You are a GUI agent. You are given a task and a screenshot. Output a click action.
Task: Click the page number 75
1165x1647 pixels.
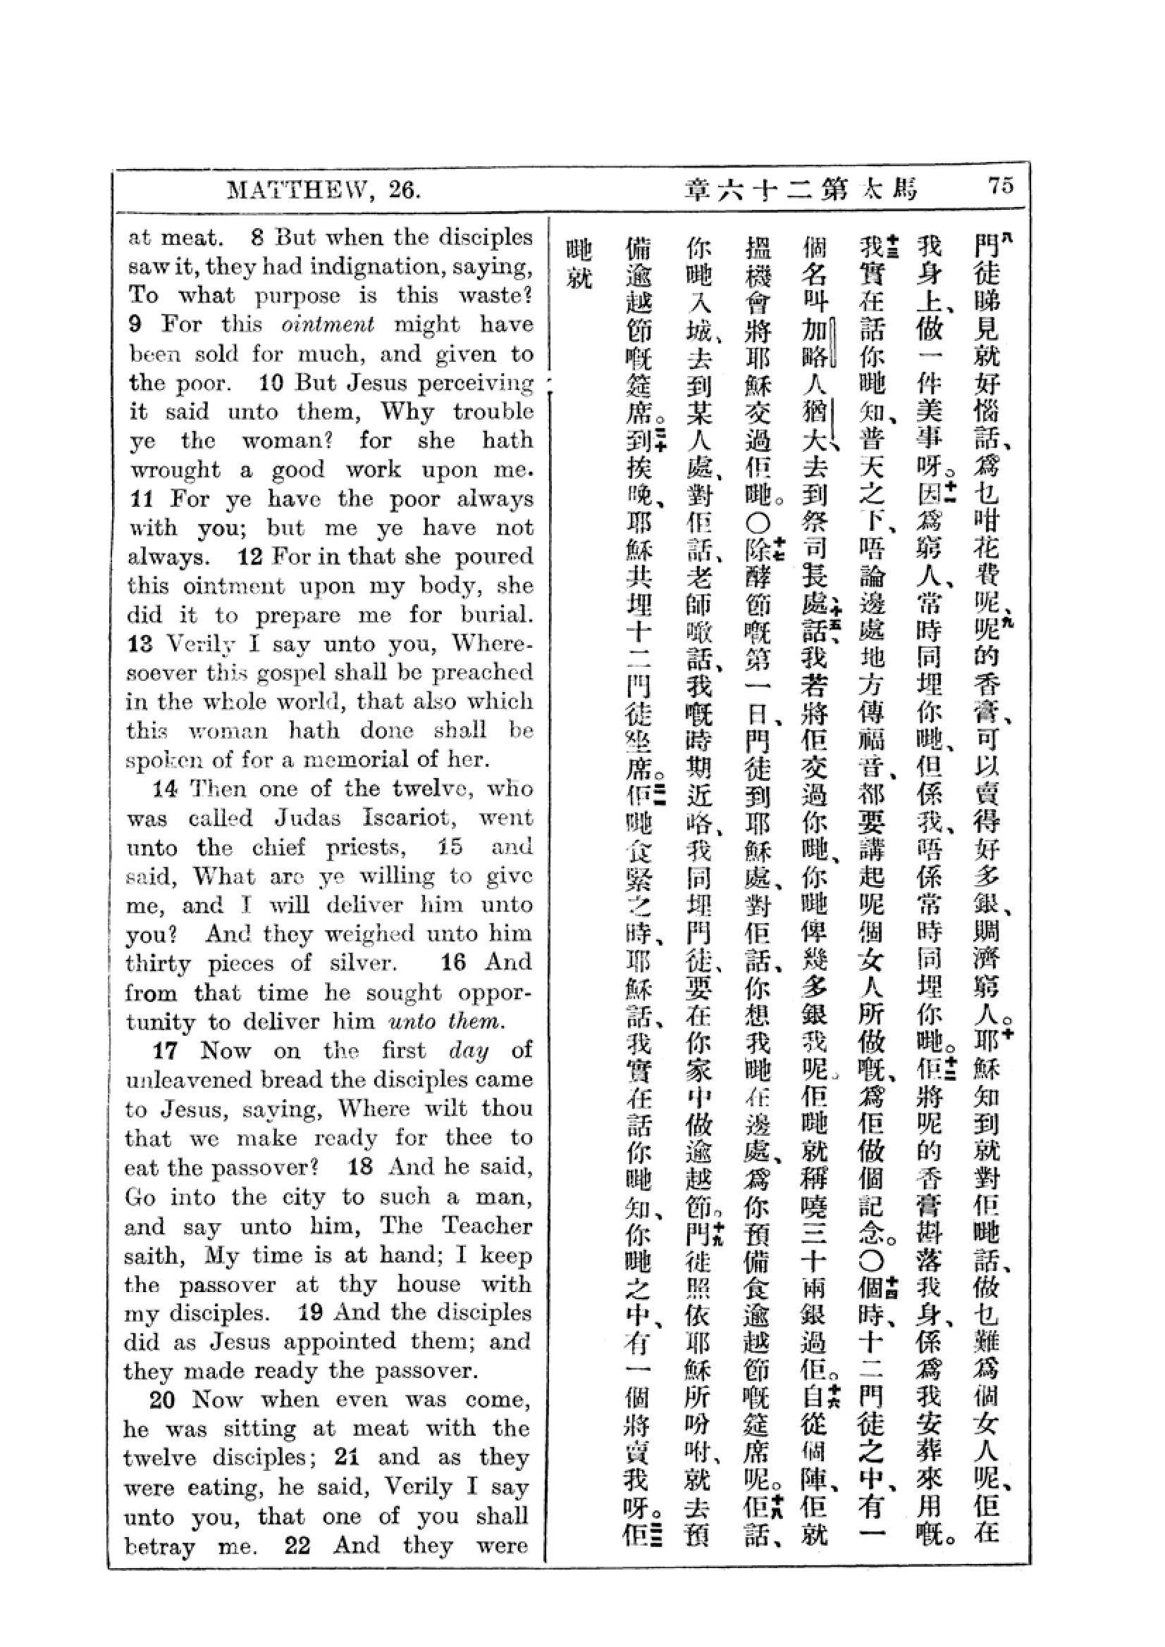[x=1001, y=186]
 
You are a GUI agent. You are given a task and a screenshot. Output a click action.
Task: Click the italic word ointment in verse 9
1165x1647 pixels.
[x=327, y=324]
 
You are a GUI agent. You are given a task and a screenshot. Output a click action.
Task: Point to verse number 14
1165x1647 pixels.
[x=164, y=789]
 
